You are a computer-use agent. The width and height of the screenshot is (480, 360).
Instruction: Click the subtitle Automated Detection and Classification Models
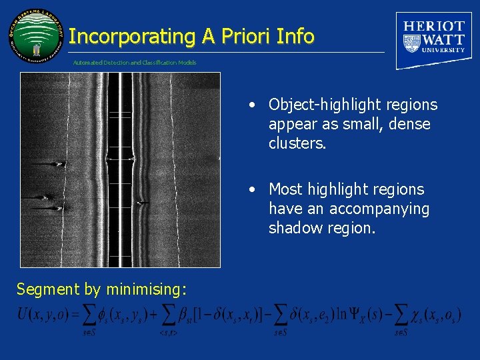[135, 63]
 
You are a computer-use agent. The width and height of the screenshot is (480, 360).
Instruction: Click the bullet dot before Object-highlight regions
[251, 105]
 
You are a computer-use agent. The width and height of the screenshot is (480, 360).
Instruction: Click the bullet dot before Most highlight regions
[251, 190]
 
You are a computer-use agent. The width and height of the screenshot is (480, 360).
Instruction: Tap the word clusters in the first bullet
[297, 143]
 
